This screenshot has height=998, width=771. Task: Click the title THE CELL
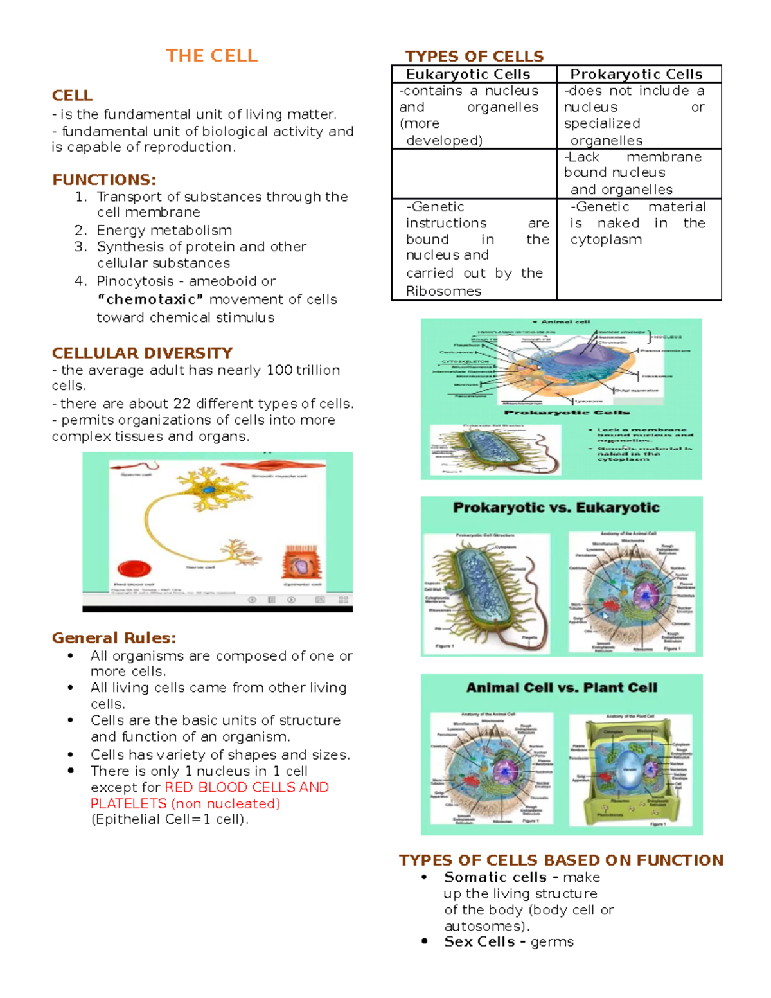[x=211, y=56]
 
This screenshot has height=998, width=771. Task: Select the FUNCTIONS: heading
[x=104, y=179]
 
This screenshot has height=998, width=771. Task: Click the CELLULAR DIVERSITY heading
[x=142, y=353]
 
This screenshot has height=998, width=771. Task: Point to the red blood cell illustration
[x=134, y=569]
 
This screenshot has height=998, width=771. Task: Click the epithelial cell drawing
[x=300, y=563]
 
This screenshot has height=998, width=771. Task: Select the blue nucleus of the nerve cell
[x=208, y=490]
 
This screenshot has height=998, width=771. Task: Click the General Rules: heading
[x=114, y=637]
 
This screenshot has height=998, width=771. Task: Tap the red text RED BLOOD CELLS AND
[x=247, y=787]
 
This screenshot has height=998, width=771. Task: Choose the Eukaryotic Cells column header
[x=468, y=74]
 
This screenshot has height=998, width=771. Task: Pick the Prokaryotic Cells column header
[x=636, y=74]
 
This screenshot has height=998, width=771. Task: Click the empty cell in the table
[x=474, y=174]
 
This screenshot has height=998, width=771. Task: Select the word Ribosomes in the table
[x=443, y=291]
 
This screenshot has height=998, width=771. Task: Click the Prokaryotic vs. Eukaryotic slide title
[x=556, y=508]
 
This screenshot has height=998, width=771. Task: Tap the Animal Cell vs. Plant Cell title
[x=562, y=688]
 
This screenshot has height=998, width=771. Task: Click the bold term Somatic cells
[x=495, y=877]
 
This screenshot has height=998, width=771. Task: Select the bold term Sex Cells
[x=479, y=941]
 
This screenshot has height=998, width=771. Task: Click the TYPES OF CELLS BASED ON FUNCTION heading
[x=561, y=860]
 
